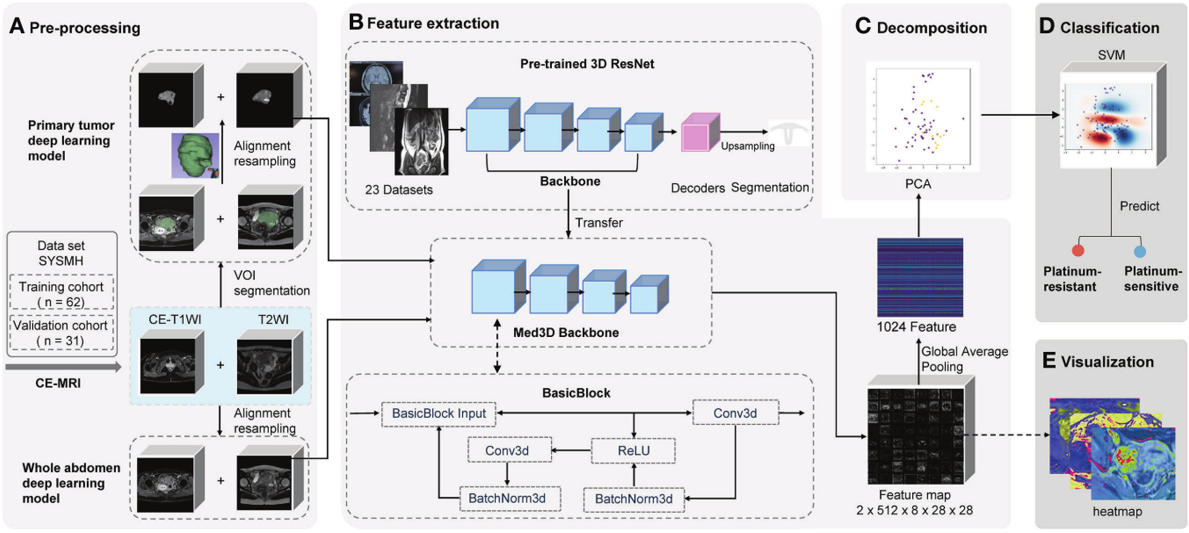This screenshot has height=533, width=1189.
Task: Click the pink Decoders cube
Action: (701, 132)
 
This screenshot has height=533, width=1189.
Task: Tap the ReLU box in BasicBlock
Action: (633, 450)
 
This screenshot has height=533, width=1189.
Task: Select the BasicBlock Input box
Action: (439, 414)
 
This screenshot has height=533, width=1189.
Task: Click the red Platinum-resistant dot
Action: (1078, 250)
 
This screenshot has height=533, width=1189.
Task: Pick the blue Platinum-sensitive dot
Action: (1140, 251)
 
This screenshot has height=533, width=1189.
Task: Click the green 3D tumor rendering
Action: (195, 156)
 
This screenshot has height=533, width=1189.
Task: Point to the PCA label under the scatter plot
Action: (918, 184)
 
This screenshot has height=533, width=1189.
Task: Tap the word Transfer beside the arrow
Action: (599, 223)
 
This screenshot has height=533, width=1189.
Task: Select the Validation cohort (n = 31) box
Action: (61, 333)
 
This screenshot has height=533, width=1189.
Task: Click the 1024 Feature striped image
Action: (920, 277)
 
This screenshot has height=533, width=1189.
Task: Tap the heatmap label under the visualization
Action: (1117, 512)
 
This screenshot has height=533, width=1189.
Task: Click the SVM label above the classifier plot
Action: (1111, 55)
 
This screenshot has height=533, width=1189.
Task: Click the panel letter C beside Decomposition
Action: (863, 27)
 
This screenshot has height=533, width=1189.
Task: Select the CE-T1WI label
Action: (175, 320)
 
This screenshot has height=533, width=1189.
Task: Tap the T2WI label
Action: (273, 320)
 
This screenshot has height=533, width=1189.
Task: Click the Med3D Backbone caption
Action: (566, 333)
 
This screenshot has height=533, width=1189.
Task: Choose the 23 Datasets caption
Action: (399, 190)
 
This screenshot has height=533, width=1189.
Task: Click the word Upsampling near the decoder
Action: (747, 146)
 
